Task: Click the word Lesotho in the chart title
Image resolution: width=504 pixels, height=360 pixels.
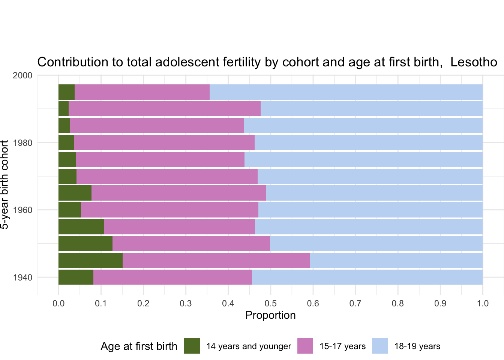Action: tap(474, 62)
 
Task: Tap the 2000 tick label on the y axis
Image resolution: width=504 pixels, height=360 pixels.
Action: tap(22, 75)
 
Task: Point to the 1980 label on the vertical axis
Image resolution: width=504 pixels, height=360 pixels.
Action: tap(22, 142)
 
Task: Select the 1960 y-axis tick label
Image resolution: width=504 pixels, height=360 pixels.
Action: tap(22, 210)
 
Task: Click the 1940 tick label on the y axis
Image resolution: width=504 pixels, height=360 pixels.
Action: tap(22, 277)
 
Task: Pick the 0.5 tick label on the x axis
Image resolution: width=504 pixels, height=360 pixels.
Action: tap(271, 303)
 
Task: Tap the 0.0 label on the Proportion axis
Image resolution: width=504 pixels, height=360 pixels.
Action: tap(58, 303)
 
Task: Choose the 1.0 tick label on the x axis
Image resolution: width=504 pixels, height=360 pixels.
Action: tap(483, 303)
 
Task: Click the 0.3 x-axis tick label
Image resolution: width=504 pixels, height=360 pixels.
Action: tap(186, 303)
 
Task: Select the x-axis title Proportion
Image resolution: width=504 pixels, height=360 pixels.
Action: tap(270, 315)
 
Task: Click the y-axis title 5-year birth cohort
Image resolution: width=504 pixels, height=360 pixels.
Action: tap(4, 185)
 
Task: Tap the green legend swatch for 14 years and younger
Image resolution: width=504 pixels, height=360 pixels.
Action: tap(192, 346)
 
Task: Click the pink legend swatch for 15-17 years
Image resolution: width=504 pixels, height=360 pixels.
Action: tap(305, 346)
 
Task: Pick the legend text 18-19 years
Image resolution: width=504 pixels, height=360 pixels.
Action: tap(417, 346)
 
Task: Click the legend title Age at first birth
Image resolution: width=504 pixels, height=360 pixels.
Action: tap(139, 346)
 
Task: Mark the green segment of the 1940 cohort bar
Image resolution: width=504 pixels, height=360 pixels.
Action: tap(76, 277)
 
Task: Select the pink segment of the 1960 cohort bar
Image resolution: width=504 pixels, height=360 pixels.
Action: tap(169, 210)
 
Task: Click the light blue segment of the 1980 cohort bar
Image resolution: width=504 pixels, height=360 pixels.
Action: tap(369, 142)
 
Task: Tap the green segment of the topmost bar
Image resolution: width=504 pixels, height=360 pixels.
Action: tap(67, 92)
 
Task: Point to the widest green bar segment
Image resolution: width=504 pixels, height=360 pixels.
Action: tap(91, 260)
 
